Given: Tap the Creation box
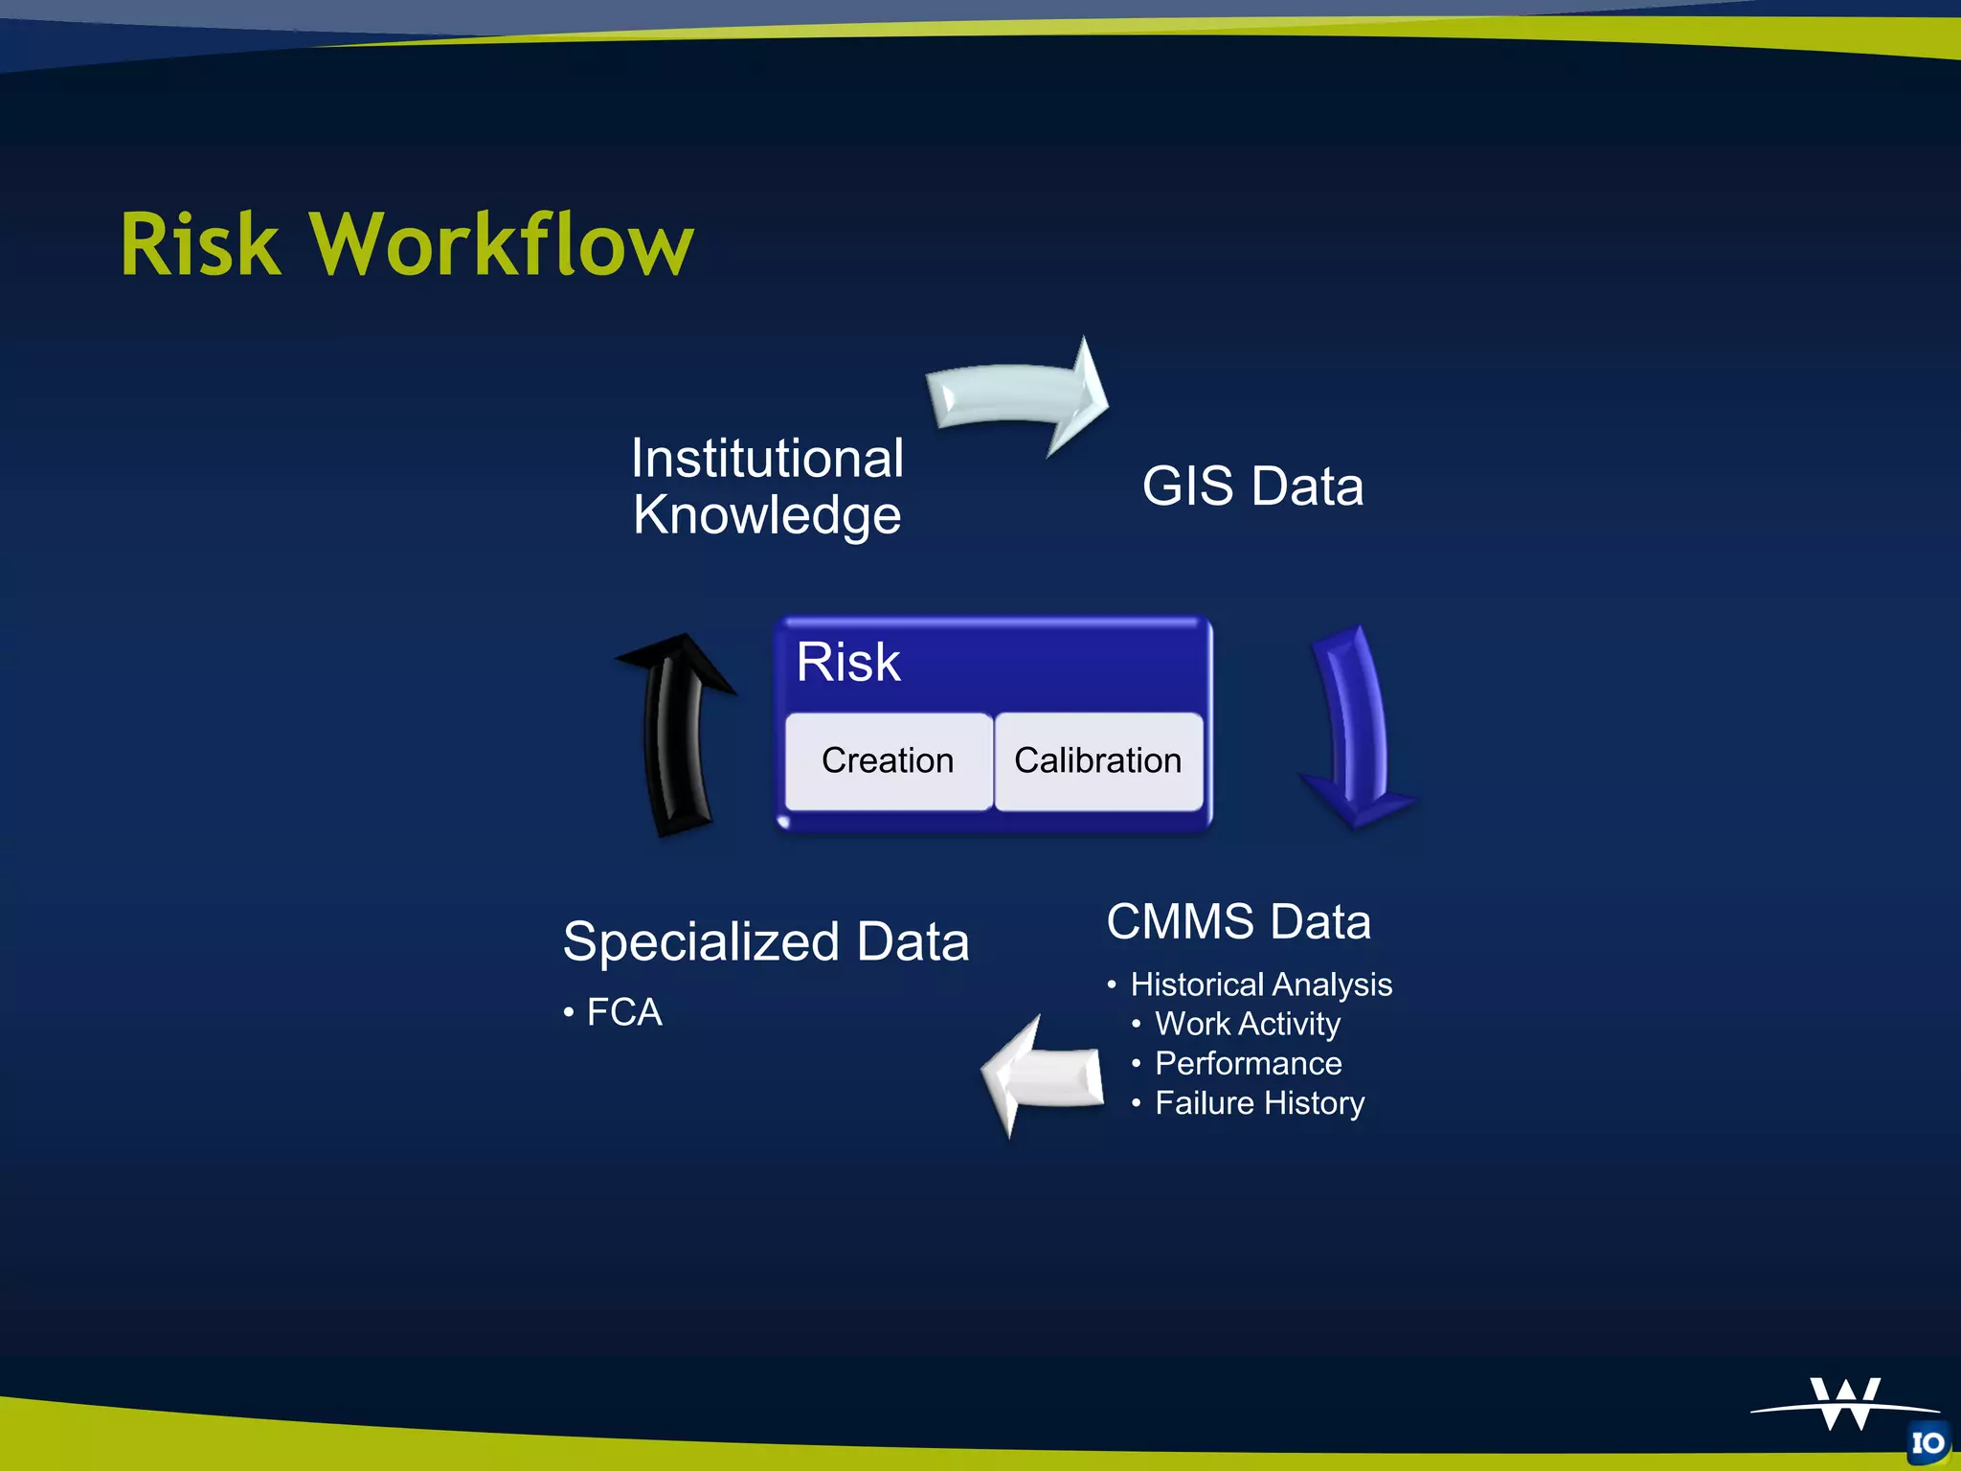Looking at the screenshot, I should (x=888, y=760).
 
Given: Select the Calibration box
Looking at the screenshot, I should (x=1097, y=760).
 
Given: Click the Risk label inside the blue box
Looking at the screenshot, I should (x=847, y=662).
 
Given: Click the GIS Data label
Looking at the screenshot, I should (x=1252, y=487).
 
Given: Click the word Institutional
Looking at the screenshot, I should (x=767, y=458).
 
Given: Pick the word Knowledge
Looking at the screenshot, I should (x=767, y=515).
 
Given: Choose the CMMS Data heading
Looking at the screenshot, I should (x=1238, y=921).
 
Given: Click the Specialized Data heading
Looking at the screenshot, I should (x=766, y=941).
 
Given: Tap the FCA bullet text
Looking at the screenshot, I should (x=623, y=1012).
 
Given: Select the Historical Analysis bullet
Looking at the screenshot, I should (x=1260, y=984).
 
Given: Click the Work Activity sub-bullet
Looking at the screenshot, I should (x=1247, y=1024).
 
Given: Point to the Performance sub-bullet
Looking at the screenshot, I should (x=1248, y=1063).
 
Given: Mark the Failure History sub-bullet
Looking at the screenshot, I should (x=1259, y=1103).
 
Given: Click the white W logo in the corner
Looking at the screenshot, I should (x=1845, y=1404).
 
